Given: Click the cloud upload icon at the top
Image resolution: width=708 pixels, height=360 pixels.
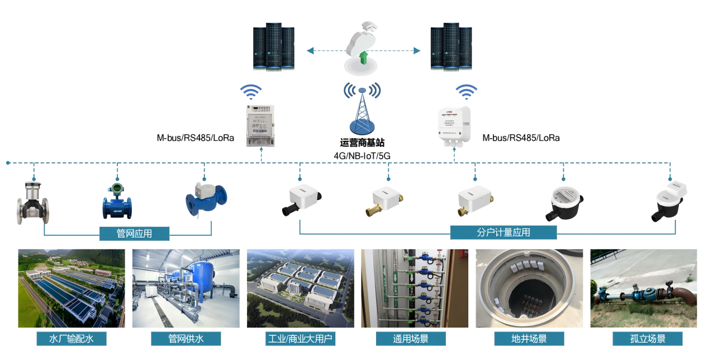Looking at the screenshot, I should point(362,48).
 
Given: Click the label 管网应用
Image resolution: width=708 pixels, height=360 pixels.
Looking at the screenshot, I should point(134,233).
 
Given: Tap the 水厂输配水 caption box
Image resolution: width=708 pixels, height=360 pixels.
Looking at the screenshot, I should point(71,339).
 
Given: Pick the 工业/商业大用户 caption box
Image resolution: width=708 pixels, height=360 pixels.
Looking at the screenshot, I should point(301,339).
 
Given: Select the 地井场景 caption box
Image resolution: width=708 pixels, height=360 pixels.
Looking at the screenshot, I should point(529,339).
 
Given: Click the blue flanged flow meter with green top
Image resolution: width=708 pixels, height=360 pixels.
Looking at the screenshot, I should point(117,200).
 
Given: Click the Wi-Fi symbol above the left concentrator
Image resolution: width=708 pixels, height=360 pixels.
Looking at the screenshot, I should point(251,92).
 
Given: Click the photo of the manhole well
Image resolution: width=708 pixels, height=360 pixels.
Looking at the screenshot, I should point(529,288).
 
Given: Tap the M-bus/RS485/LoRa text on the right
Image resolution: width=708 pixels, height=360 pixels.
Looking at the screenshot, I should point(521,138).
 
